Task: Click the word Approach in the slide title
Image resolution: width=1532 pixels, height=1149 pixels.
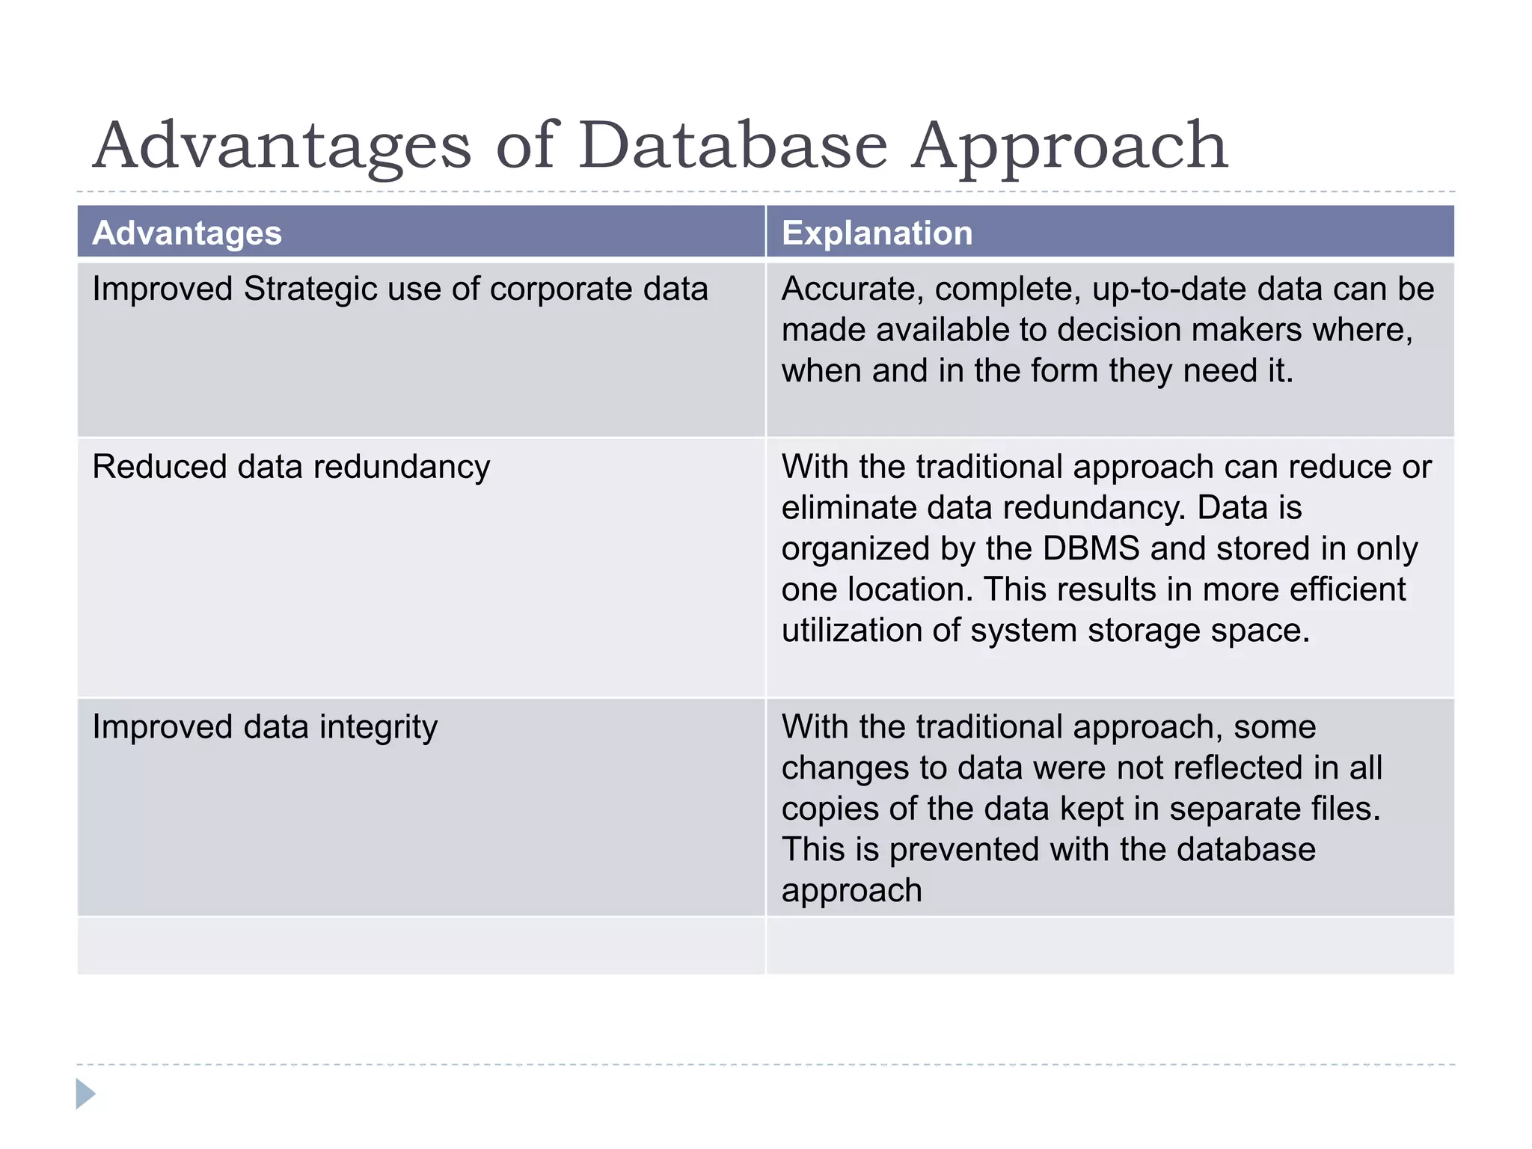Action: [1070, 145]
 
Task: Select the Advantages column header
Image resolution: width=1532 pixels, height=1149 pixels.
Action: [187, 233]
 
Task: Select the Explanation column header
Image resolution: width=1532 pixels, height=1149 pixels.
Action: [877, 233]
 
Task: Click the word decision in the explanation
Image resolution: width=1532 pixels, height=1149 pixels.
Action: [1118, 330]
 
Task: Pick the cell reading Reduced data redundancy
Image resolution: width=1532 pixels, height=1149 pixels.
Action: [291, 467]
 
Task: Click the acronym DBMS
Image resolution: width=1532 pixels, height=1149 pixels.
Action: [1090, 548]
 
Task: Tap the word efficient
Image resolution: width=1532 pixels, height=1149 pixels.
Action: [1347, 589]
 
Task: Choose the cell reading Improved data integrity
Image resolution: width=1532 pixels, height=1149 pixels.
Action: [265, 727]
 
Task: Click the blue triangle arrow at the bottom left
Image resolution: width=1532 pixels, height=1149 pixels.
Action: [85, 1094]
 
